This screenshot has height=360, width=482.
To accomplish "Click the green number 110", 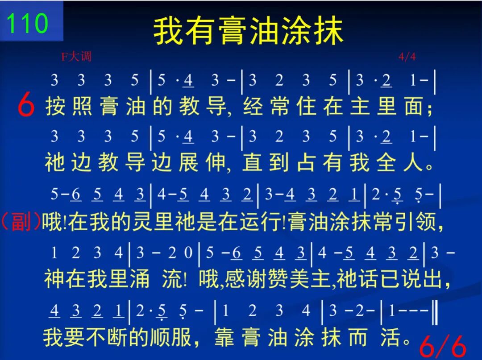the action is click(x=27, y=23).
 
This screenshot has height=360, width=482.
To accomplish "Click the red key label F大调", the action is click(x=76, y=57).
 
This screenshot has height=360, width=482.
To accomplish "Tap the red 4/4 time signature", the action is click(x=407, y=57).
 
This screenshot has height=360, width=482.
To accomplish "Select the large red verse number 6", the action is click(x=26, y=105).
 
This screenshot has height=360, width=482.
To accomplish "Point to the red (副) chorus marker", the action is click(x=21, y=221).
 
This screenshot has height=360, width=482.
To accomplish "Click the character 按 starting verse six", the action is click(x=55, y=106).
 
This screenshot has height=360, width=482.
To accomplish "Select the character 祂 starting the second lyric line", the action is click(x=55, y=162).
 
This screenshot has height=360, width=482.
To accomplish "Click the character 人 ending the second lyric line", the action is click(x=413, y=162).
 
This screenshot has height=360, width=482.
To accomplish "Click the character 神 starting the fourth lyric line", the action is click(x=54, y=279).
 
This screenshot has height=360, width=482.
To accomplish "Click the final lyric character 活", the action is click(x=391, y=337).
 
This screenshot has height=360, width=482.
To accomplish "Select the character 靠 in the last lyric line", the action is click(x=224, y=337).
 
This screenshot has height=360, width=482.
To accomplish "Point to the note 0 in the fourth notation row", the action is click(x=188, y=253).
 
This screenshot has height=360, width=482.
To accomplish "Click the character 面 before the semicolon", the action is click(x=413, y=106).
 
